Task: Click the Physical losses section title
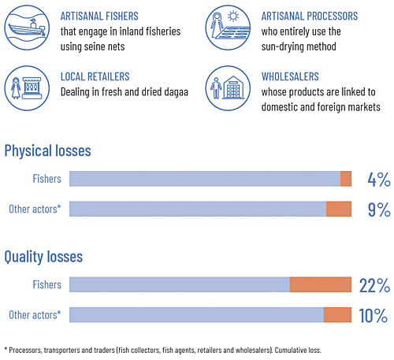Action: (x=47, y=150)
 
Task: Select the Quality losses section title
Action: (x=43, y=256)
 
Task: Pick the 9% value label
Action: (x=378, y=209)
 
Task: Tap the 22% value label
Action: (x=374, y=285)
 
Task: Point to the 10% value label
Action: (x=373, y=315)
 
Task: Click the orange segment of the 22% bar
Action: (x=320, y=285)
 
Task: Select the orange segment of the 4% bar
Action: (x=345, y=179)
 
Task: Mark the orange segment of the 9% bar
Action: (x=338, y=209)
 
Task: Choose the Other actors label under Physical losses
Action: (x=35, y=209)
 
